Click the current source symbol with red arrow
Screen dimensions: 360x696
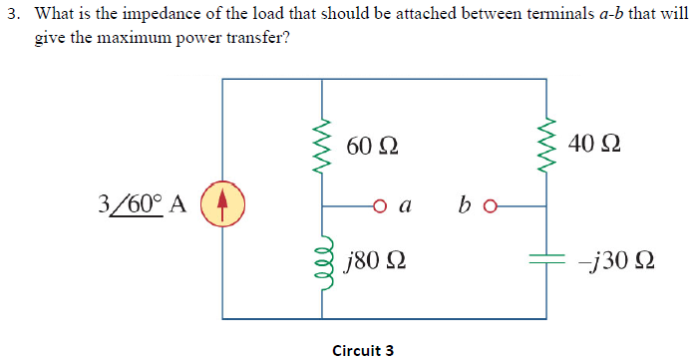tap(223, 203)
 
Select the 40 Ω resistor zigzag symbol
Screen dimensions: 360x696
tap(546, 143)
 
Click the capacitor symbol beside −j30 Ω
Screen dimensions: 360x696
tap(546, 261)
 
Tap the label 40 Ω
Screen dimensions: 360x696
tap(596, 144)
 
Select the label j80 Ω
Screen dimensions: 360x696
tap(372, 264)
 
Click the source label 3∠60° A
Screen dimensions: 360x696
tap(143, 203)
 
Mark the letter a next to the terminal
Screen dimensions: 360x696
tap(404, 207)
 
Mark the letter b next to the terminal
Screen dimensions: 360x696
tap(466, 205)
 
